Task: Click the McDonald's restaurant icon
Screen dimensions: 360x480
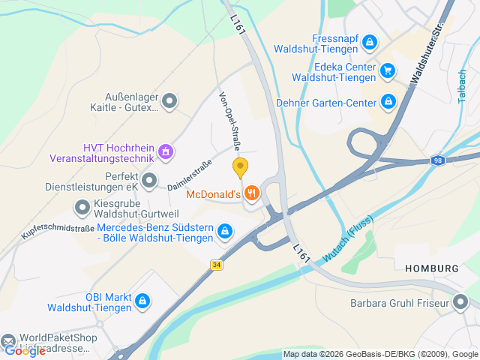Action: [x=251, y=193]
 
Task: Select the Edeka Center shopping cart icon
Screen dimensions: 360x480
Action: [x=387, y=71]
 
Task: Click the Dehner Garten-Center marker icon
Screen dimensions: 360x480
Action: [x=388, y=100]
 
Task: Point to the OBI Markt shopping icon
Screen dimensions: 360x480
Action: [x=142, y=301]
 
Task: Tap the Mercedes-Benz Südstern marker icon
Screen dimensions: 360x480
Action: [x=223, y=232]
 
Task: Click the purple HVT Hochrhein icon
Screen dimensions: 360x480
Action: [x=166, y=152]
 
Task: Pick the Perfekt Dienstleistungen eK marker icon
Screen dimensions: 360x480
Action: [x=149, y=180]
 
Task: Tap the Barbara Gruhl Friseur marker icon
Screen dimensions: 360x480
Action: [x=461, y=303]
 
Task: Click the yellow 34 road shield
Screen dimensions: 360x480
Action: [x=217, y=265]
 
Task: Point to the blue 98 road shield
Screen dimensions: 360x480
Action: [x=438, y=160]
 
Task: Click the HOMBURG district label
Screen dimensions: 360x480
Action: [x=431, y=268]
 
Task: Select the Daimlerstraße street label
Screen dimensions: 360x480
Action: [x=190, y=173]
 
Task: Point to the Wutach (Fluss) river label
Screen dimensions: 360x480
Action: [x=348, y=247]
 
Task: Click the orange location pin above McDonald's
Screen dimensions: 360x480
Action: [x=240, y=167]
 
